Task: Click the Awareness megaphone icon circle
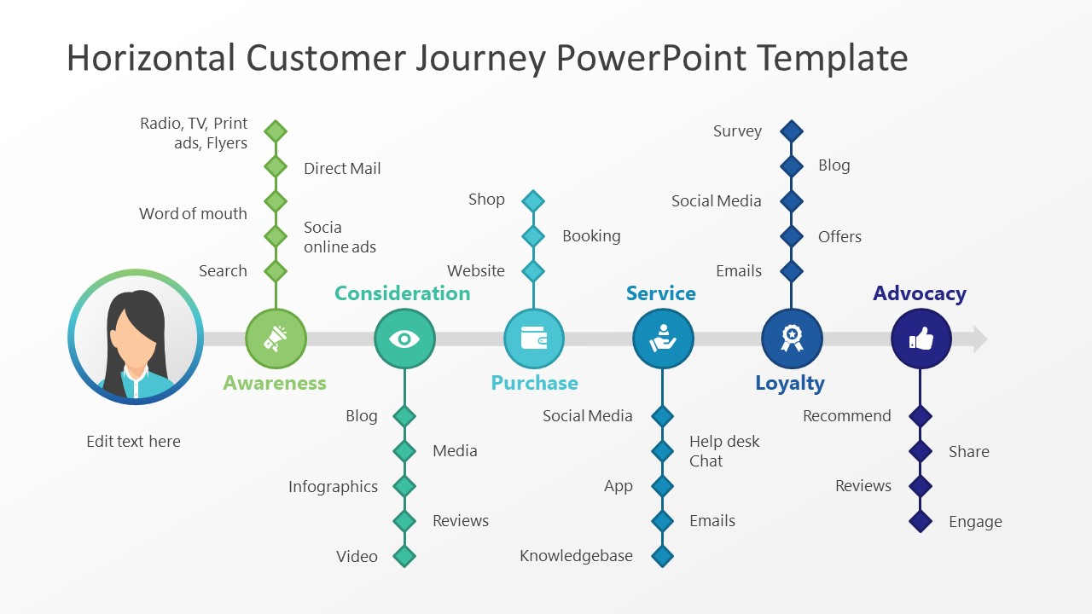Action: pyautogui.click(x=276, y=339)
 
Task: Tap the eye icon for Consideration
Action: pyautogui.click(x=404, y=339)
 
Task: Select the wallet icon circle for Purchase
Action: pyautogui.click(x=534, y=339)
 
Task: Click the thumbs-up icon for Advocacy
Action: pyautogui.click(x=921, y=339)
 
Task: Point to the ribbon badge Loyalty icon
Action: pyautogui.click(x=792, y=339)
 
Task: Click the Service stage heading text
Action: pyautogui.click(x=660, y=293)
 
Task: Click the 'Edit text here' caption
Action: pyautogui.click(x=133, y=442)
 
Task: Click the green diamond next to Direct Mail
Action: pyautogui.click(x=275, y=166)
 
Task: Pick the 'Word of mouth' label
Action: pyautogui.click(x=193, y=214)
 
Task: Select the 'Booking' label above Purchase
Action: pyautogui.click(x=591, y=236)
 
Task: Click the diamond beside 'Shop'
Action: pyautogui.click(x=533, y=201)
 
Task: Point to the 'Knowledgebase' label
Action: pyautogui.click(x=576, y=556)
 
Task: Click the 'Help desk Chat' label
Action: pyautogui.click(x=723, y=451)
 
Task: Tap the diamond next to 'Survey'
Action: pyautogui.click(x=792, y=131)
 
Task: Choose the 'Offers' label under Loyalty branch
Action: pyautogui.click(x=839, y=237)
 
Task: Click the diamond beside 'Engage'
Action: pyautogui.click(x=921, y=521)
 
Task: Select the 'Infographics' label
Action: pyautogui.click(x=333, y=487)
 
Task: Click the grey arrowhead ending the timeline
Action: pyautogui.click(x=979, y=339)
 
